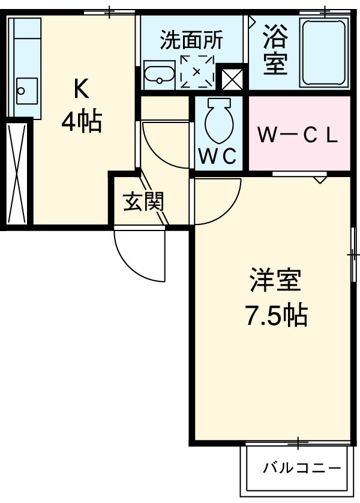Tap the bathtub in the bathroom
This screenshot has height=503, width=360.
[x=323, y=53]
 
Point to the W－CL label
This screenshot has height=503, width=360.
[x=298, y=136]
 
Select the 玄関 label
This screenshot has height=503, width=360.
[x=143, y=202]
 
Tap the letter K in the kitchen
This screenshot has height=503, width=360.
[x=81, y=89]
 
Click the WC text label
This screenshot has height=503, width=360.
[x=217, y=155]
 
